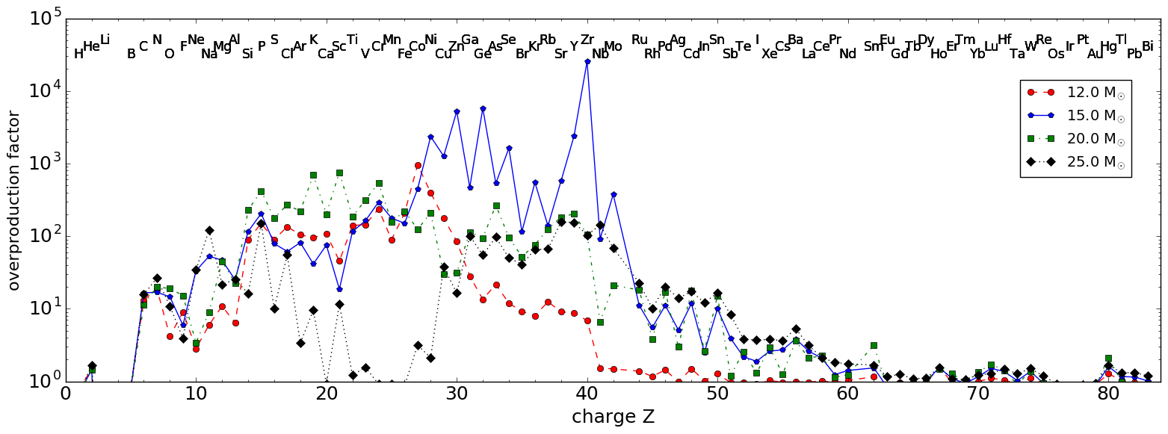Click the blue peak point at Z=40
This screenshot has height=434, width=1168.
[587, 62]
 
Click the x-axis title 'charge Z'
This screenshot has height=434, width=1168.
[613, 417]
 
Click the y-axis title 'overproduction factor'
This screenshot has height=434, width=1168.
[14, 200]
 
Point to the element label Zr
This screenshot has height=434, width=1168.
[587, 40]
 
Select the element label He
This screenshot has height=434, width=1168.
[91, 46]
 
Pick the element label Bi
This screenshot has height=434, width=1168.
[1148, 46]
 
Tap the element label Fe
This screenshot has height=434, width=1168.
[404, 54]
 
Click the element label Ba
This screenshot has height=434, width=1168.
[795, 40]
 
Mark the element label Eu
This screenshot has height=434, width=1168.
[887, 40]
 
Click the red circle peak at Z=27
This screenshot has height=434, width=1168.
[418, 166]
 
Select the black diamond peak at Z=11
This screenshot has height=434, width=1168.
[209, 231]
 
